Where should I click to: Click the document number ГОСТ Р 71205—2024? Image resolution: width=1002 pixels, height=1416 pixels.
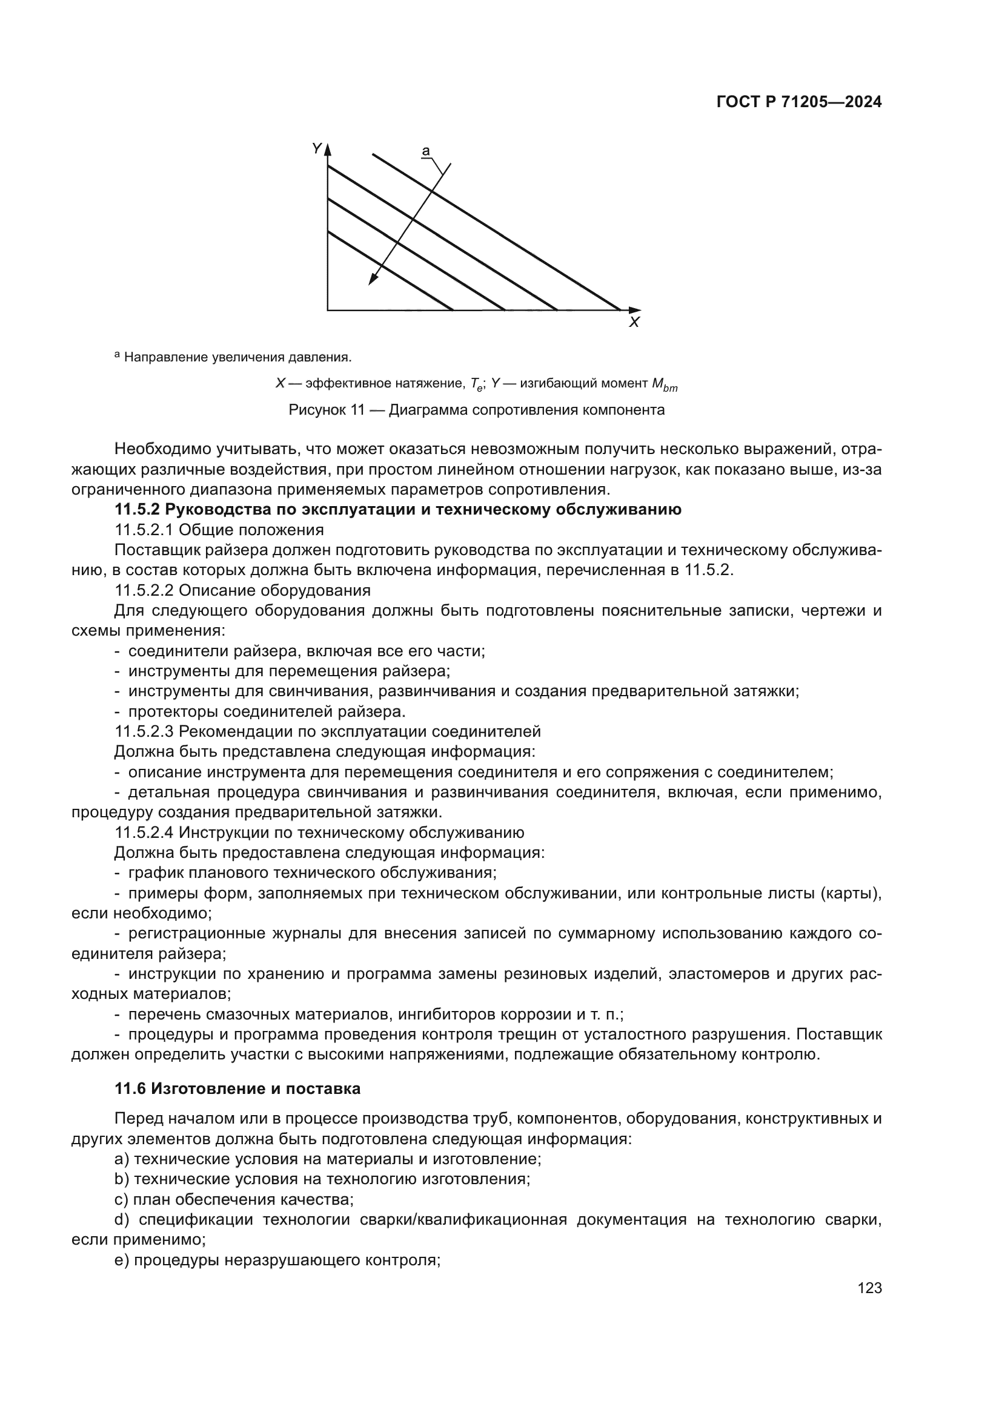point(799,102)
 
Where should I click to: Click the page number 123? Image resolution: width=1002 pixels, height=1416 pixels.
point(869,1288)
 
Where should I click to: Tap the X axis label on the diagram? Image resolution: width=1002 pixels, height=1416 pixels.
point(634,323)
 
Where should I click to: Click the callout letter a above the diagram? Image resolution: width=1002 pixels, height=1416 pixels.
point(426,151)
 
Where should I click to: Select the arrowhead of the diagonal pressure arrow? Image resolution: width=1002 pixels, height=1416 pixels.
point(372,280)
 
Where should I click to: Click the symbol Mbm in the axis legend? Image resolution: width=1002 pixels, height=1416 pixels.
point(665,385)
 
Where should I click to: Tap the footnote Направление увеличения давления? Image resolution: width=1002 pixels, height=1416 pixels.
point(237,357)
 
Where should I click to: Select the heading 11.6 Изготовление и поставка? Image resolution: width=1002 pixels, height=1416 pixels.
point(237,1088)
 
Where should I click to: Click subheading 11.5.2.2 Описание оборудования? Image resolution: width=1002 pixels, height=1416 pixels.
point(242,590)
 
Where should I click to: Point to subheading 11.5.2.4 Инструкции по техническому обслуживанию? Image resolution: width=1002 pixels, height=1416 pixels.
point(319,832)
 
